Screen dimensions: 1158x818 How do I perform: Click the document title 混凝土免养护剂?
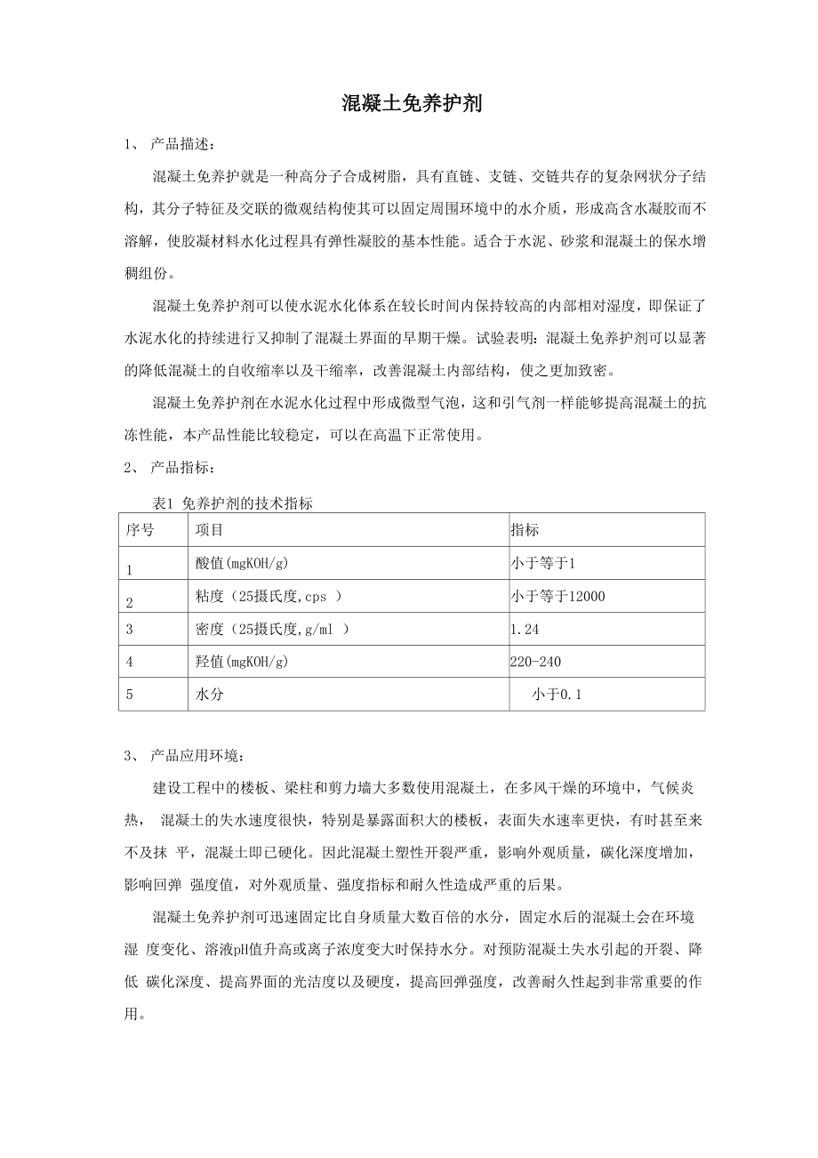click(412, 104)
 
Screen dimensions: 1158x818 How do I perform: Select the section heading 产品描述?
click(181, 144)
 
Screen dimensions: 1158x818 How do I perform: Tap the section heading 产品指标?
click(181, 467)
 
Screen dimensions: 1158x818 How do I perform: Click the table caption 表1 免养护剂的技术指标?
click(232, 503)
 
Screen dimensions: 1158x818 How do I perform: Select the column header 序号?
click(140, 530)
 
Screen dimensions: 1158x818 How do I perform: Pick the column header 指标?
click(525, 530)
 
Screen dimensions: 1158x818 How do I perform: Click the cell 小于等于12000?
click(557, 597)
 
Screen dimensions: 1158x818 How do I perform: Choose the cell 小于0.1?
click(557, 695)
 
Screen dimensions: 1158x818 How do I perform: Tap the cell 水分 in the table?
click(209, 695)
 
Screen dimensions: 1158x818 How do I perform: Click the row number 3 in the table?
click(130, 629)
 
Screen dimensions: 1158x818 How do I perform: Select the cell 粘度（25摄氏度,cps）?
click(269, 597)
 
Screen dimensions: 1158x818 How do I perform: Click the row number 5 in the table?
click(130, 695)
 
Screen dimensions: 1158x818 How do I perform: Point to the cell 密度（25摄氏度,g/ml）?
click(272, 629)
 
